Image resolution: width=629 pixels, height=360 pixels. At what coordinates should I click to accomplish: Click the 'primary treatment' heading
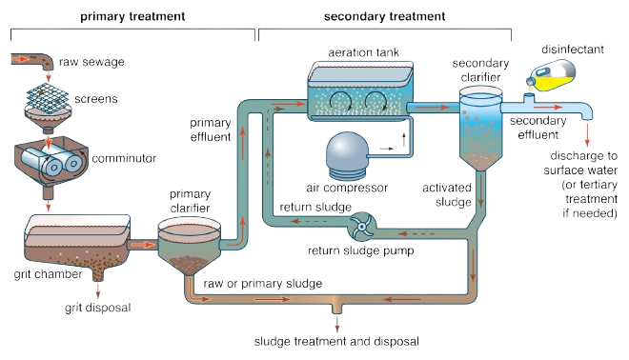[x=132, y=17]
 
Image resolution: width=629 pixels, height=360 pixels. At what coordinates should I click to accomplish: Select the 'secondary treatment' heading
[x=385, y=17]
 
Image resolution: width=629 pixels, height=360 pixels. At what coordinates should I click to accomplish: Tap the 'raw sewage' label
[x=91, y=63]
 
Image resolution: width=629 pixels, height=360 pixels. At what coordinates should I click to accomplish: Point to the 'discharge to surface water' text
[x=582, y=162]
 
